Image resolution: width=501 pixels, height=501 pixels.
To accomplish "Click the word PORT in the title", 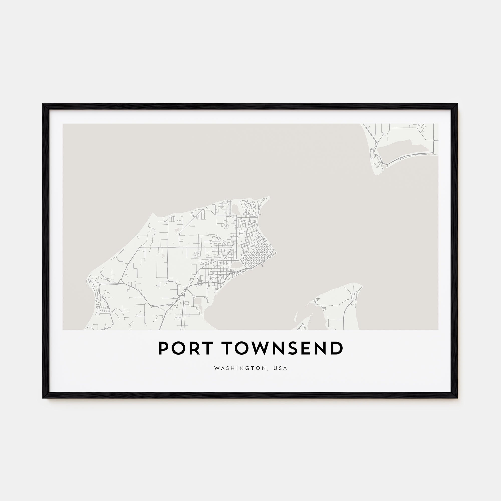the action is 185,348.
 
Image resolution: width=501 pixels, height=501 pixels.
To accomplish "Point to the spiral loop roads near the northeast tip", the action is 250,206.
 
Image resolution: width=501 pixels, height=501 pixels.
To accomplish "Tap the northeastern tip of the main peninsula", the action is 269,198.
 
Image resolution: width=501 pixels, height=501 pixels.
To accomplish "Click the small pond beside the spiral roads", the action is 236,208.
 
